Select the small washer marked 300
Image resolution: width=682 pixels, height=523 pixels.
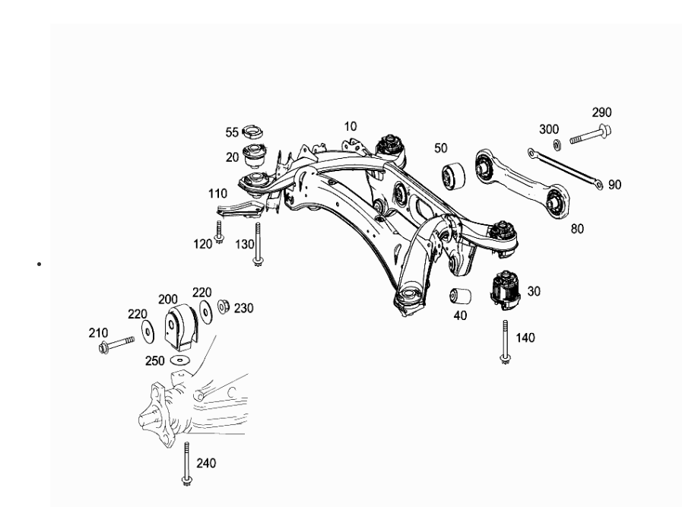[556, 144]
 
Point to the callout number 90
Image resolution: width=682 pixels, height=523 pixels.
[614, 185]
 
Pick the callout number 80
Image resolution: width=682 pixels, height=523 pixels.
[577, 227]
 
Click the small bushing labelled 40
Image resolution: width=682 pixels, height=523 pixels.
[458, 296]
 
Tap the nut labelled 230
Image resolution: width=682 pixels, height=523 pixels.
[224, 307]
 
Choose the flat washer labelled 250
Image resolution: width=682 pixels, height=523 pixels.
[180, 359]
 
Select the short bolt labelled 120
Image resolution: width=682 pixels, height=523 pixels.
[219, 232]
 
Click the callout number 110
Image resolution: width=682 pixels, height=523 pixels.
[219, 194]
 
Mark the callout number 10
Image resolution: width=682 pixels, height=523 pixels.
[350, 125]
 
